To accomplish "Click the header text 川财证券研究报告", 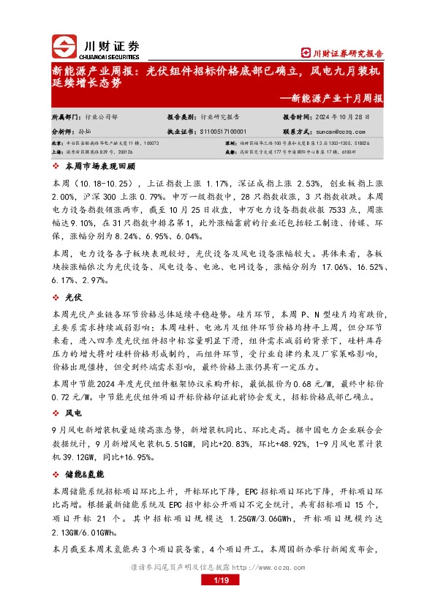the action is point(347,53).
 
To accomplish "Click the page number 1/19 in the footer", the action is point(218,581).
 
